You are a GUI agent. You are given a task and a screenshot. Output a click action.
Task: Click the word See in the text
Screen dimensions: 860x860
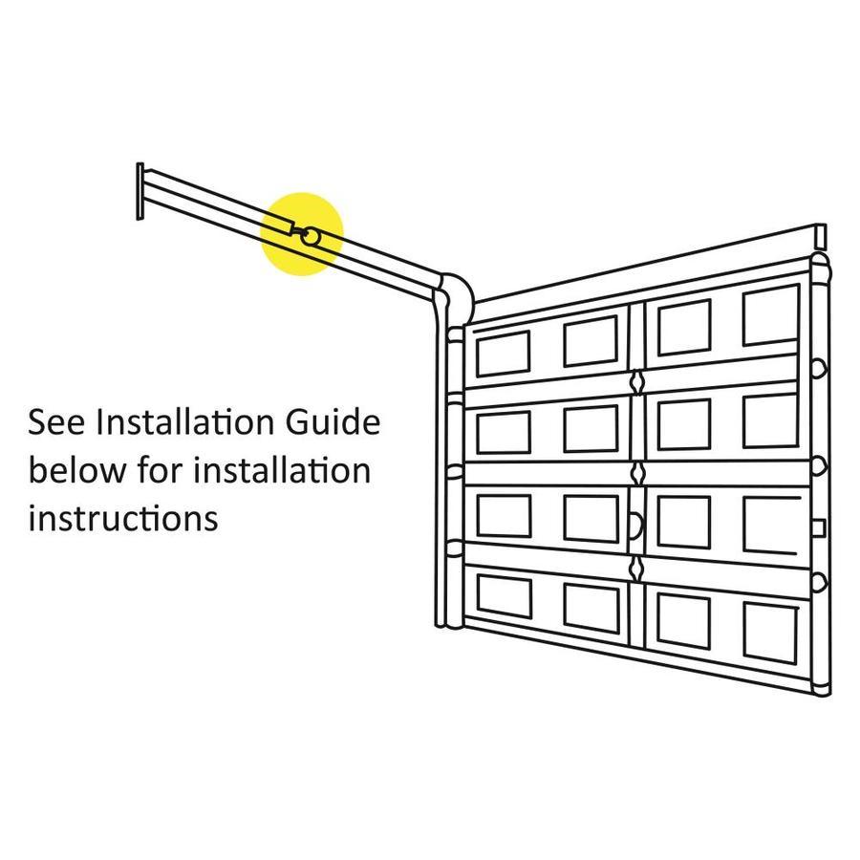[x=56, y=422]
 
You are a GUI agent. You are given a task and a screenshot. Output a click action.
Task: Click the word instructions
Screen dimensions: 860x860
[x=123, y=518]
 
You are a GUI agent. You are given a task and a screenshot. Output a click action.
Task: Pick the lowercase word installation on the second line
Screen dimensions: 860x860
[x=282, y=470]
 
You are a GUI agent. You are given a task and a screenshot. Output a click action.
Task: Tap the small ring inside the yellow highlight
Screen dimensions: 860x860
[x=310, y=237]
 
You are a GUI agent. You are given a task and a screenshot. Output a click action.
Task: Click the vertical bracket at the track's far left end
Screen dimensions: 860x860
[x=140, y=191]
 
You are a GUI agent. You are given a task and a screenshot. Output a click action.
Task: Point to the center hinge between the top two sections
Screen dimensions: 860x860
[x=636, y=382]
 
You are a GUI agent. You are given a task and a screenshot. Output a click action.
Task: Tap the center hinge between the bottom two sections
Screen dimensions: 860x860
[x=636, y=569]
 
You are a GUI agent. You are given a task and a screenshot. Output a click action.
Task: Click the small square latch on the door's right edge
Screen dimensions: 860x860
[x=819, y=527]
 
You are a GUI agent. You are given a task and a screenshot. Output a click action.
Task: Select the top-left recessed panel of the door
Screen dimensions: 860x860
[x=503, y=355]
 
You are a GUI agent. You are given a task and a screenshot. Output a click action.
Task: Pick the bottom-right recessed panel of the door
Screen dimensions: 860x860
[x=770, y=633]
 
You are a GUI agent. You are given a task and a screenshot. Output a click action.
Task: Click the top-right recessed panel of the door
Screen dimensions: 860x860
[x=770, y=315]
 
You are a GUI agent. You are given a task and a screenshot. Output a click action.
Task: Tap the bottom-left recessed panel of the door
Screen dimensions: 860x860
[x=504, y=596]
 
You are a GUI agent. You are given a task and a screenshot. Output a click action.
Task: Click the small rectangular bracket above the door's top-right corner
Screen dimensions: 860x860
[x=821, y=236]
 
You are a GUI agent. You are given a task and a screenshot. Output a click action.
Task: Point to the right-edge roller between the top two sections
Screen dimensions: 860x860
[x=819, y=368]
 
